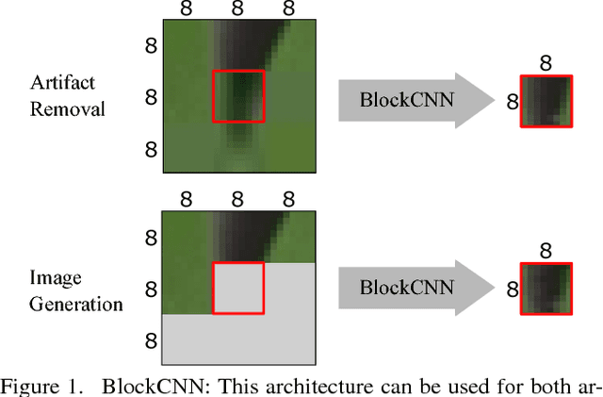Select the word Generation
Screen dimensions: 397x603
75,305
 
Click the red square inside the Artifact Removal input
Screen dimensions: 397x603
238,96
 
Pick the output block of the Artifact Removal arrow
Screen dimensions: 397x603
546,100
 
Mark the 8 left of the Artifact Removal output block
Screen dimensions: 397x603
512,100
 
